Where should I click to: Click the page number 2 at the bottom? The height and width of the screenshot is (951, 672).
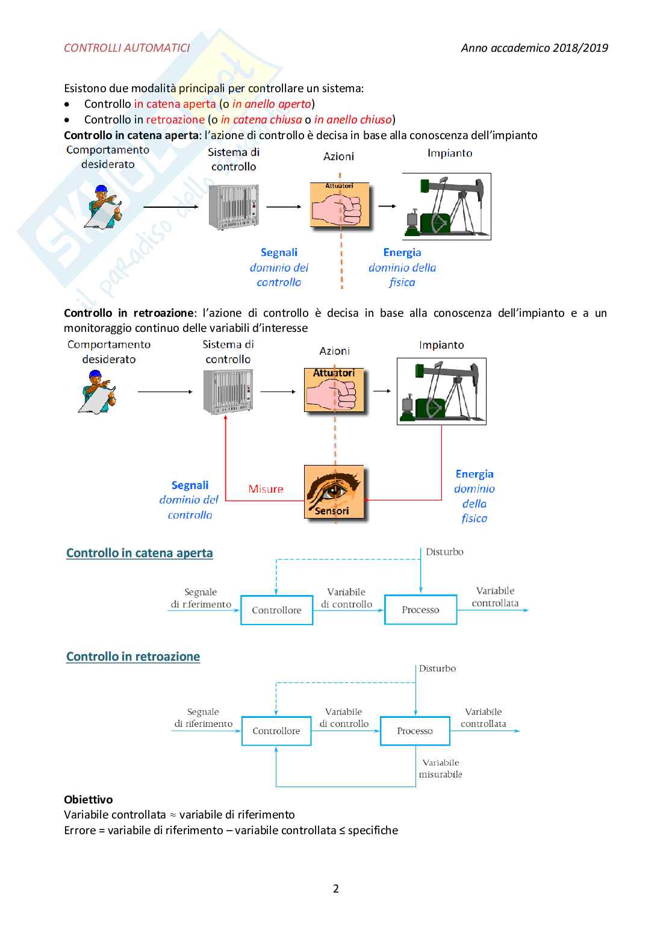pyautogui.click(x=336, y=888)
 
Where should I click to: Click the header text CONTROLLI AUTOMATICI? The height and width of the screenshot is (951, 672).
pyautogui.click(x=126, y=48)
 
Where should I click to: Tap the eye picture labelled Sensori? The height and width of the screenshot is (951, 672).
pyautogui.click(x=334, y=492)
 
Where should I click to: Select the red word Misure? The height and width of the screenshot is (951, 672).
pyautogui.click(x=266, y=489)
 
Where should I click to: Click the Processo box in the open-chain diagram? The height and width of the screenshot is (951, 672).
pyautogui.click(x=420, y=610)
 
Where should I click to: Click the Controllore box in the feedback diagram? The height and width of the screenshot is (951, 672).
pyautogui.click(x=276, y=731)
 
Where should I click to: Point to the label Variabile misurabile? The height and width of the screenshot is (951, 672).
pyautogui.click(x=441, y=769)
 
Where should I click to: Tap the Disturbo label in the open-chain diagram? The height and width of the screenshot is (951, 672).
pyautogui.click(x=444, y=552)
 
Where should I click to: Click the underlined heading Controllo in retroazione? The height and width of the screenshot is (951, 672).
pyautogui.click(x=133, y=656)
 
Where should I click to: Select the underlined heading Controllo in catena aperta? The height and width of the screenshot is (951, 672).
pyautogui.click(x=140, y=553)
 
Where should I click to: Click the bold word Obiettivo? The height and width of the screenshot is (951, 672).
pyautogui.click(x=89, y=799)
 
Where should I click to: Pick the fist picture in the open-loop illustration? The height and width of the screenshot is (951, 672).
pyautogui.click(x=340, y=206)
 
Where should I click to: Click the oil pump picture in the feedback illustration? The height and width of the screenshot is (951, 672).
pyautogui.click(x=441, y=391)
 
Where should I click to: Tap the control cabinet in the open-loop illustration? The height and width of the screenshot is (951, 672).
pyautogui.click(x=234, y=207)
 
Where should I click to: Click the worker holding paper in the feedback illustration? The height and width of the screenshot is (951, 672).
pyautogui.click(x=98, y=391)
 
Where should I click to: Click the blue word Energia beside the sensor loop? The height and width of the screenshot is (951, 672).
pyautogui.click(x=474, y=474)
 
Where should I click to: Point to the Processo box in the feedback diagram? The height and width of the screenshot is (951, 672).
pyautogui.click(x=415, y=731)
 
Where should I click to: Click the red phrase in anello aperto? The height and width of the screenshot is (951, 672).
pyautogui.click(x=272, y=104)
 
